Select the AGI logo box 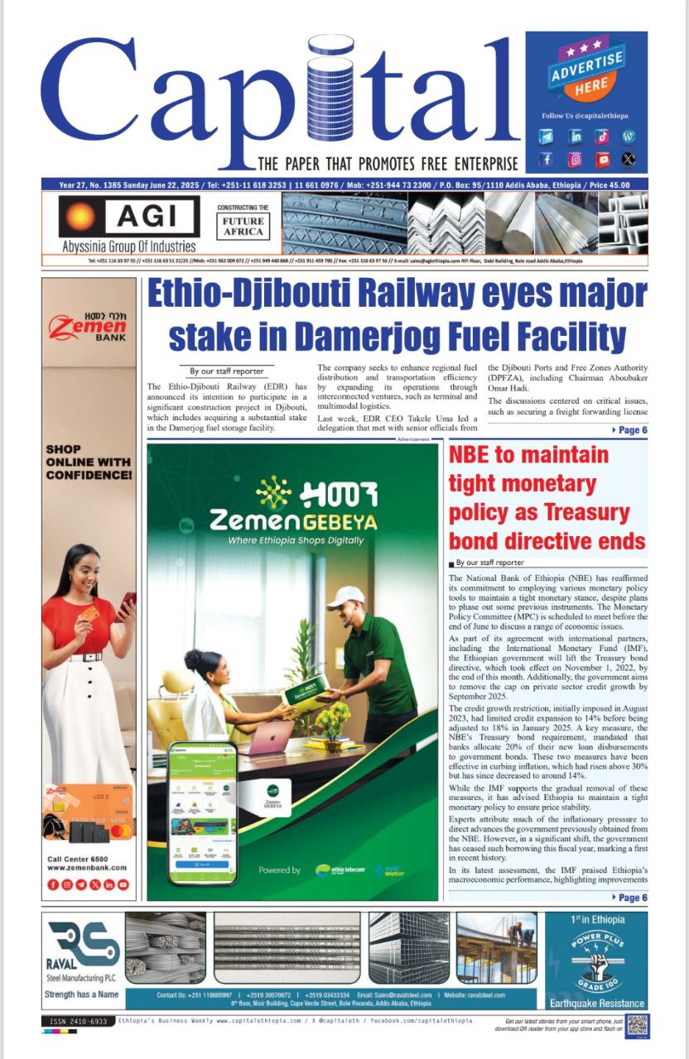point(128,217)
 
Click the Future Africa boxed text point(243,226)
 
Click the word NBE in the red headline point(475,455)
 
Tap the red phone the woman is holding point(127,603)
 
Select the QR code point(636,1024)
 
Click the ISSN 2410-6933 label point(76,1022)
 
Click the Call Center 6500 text point(79,859)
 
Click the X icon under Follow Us point(629,160)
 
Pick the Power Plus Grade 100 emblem point(596,960)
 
